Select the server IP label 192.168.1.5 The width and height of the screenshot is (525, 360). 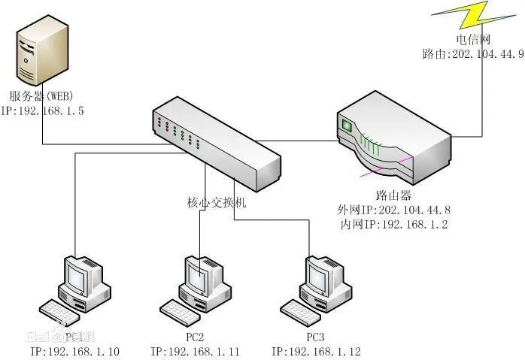coord(43,110)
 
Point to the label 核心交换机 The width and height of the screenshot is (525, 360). coord(216,202)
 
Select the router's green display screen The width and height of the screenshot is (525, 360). coord(347,125)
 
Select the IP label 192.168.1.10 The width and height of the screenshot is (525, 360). coord(74,351)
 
